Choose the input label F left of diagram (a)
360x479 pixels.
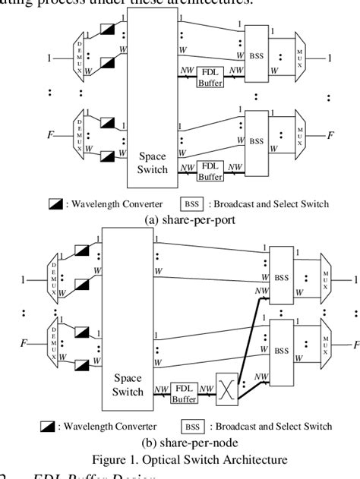coord(50,135)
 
